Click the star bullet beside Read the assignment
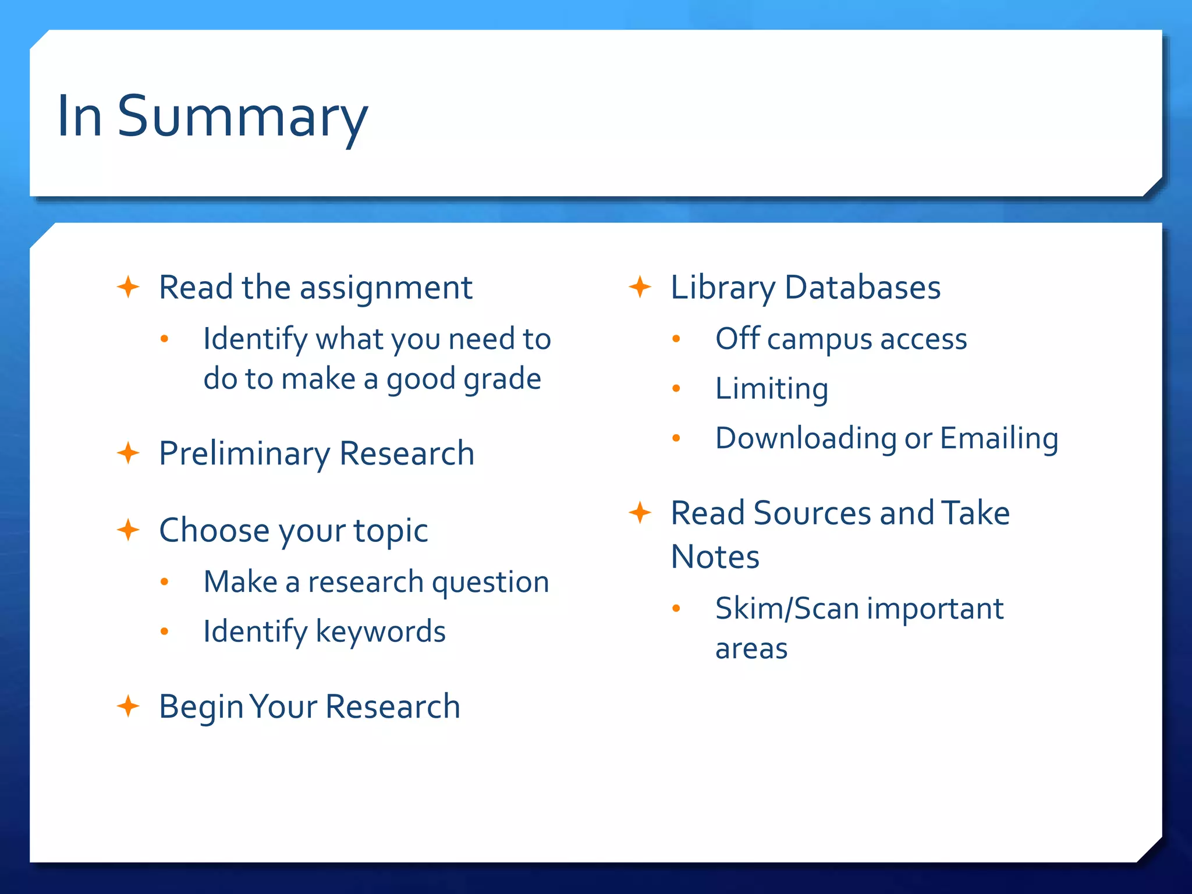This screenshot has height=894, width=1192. click(x=128, y=287)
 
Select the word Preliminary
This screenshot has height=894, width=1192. click(x=244, y=454)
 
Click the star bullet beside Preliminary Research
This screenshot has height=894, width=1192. click(x=128, y=453)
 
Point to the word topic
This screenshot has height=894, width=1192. click(x=391, y=531)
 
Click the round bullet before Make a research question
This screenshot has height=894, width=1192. click(x=165, y=581)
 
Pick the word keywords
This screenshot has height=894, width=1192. click(x=381, y=632)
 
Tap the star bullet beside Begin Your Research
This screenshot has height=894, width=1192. click(x=128, y=707)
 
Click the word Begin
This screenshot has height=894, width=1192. click(x=201, y=708)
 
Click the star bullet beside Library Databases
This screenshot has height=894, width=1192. click(x=640, y=287)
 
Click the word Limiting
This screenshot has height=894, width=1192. click(x=771, y=389)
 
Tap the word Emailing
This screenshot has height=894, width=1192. click(x=999, y=439)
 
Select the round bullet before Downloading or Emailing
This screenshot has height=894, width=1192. click(x=676, y=438)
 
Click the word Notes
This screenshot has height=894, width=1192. click(x=715, y=557)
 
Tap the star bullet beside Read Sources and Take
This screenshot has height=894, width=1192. click(x=640, y=513)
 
